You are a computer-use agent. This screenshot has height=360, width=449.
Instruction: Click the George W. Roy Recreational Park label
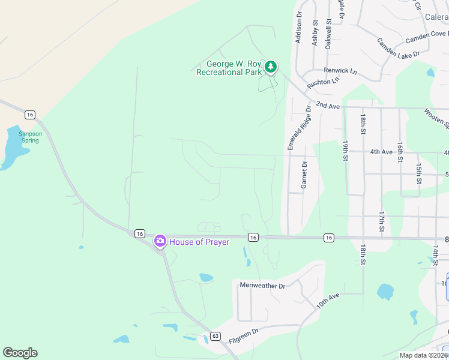pos(229,68)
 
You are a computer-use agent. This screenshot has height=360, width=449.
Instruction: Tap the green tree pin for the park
pos(271,66)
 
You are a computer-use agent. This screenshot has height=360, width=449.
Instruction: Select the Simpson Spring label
pos(29,137)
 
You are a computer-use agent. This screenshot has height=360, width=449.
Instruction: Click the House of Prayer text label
pos(199,242)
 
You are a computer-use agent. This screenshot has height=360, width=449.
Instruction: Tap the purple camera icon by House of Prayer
pos(160,241)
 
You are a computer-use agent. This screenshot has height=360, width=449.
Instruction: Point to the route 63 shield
pos(216,337)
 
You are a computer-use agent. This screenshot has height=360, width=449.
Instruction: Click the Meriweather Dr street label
pos(262,286)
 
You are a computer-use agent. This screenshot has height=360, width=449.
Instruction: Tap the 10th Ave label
pos(328,301)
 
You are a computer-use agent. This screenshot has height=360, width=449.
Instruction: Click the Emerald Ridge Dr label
pos(292,128)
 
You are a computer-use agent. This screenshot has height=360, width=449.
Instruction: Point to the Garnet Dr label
pos(304,175)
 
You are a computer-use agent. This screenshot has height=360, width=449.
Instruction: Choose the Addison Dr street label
pos(298,27)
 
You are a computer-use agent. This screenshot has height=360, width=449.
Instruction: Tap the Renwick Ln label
pos(340,71)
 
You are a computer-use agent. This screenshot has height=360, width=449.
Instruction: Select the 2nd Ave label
pos(328,106)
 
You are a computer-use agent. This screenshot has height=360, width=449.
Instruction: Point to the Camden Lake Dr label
pos(397,48)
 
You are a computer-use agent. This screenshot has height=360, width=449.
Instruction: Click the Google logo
pos(20,353)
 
